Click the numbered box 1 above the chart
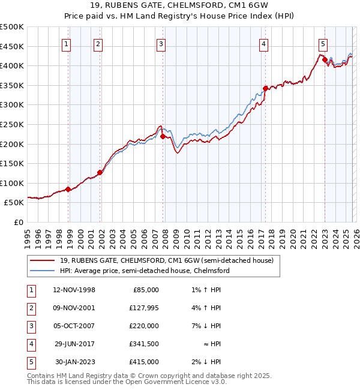tap(66, 43)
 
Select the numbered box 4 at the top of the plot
tap(263, 43)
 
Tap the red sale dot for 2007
tap(163, 137)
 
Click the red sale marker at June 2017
tap(265, 88)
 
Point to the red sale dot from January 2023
tap(325, 59)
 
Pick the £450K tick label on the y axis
tap(12, 46)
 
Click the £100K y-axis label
tap(12, 183)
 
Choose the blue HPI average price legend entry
tap(144, 271)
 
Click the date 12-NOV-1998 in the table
tap(74, 290)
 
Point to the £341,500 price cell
tap(144, 344)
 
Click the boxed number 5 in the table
tap(31, 362)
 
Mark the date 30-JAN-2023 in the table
tap(75, 362)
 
